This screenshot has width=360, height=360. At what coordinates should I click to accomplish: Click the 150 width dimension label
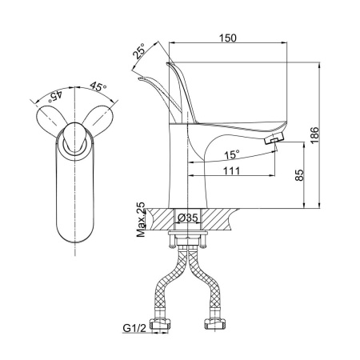pyautogui.click(x=228, y=38)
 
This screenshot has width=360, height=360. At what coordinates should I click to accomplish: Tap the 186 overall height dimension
pyautogui.click(x=314, y=135)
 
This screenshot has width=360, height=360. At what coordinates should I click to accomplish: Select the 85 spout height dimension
pyautogui.click(x=300, y=175)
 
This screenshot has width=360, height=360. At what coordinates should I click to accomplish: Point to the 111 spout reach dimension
pyautogui.click(x=231, y=170)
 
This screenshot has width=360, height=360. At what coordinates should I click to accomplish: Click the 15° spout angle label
pyautogui.click(x=232, y=154)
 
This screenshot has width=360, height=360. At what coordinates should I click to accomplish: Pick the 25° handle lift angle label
pyautogui.click(x=139, y=51)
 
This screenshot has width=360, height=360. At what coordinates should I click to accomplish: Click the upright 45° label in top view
pyautogui.click(x=98, y=86)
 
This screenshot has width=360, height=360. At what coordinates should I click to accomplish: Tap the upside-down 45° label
pyautogui.click(x=54, y=96)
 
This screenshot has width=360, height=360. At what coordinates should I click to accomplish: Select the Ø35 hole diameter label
pyautogui.click(x=188, y=218)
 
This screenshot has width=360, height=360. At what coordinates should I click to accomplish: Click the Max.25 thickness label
pyautogui.click(x=141, y=220)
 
